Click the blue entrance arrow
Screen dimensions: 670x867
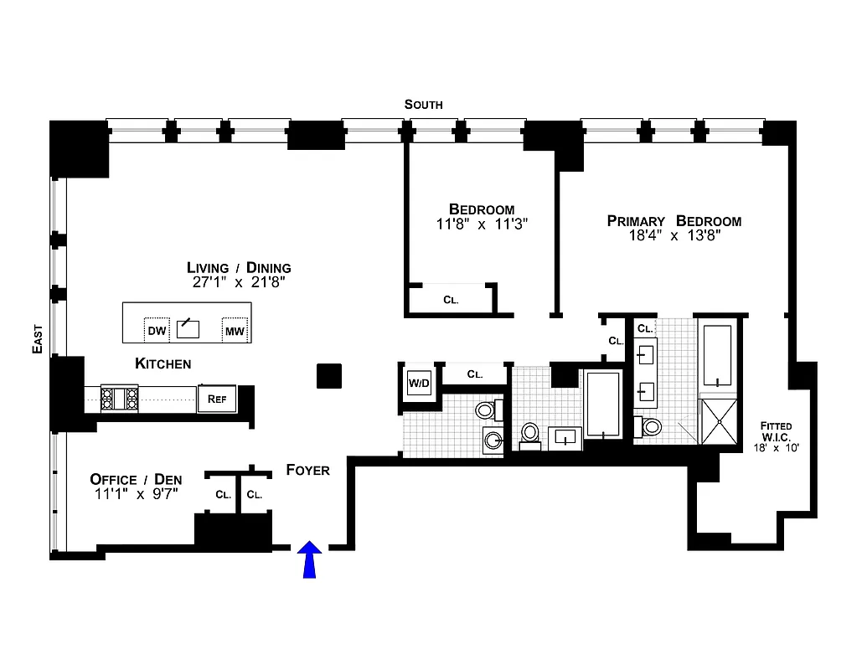click(x=311, y=559)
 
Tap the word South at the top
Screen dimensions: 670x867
click(x=423, y=105)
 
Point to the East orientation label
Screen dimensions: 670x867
click(x=37, y=338)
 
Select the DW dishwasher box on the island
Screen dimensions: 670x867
click(x=157, y=331)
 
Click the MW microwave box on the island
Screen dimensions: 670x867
click(x=235, y=331)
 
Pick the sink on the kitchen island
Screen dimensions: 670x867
click(x=188, y=327)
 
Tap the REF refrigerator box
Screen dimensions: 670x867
click(x=217, y=399)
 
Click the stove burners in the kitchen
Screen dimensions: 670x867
click(x=120, y=398)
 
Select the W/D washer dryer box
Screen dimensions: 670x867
click(x=419, y=384)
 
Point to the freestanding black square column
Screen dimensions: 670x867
click(x=328, y=376)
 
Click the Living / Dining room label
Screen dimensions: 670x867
click(x=239, y=268)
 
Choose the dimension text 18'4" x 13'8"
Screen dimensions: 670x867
click(x=673, y=236)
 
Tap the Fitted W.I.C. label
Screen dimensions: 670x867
click(x=775, y=431)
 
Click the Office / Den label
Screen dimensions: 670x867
click(x=136, y=479)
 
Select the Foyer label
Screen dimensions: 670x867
click(x=307, y=470)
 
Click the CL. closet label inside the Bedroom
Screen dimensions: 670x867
click(x=451, y=300)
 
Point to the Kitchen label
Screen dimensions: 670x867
click(x=163, y=363)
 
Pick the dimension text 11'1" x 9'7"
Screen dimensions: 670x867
click(x=136, y=494)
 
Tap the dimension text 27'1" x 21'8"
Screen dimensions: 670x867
click(x=239, y=283)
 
